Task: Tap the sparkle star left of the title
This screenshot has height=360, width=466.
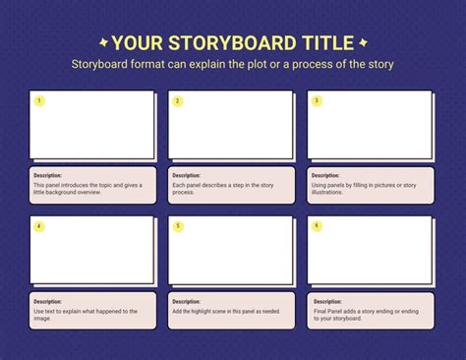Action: [103, 42]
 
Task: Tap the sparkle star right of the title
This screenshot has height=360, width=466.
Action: [363, 42]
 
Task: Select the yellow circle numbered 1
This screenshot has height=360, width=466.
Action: [39, 100]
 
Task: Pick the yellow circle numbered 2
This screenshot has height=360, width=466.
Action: [178, 100]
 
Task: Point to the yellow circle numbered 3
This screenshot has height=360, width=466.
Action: [317, 100]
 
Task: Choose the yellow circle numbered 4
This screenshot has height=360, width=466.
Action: [39, 226]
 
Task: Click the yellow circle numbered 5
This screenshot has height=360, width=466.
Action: [178, 226]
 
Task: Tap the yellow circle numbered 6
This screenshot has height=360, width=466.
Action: [317, 226]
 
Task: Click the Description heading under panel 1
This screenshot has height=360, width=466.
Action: [47, 175]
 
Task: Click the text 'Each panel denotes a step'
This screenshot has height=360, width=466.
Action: [222, 185]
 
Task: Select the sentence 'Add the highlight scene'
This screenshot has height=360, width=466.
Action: [225, 311]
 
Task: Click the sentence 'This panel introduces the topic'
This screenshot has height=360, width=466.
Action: [87, 185]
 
